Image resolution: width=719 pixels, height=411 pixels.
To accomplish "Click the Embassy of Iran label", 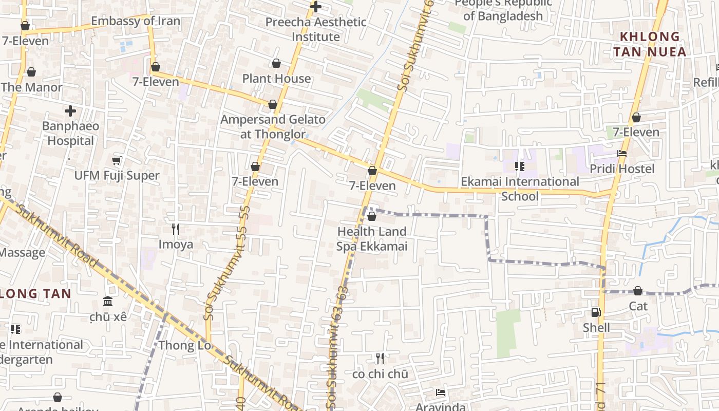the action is point(136,21).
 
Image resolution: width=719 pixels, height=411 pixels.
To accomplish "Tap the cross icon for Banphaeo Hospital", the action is point(70,110).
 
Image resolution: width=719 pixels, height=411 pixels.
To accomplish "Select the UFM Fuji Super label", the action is point(117,175).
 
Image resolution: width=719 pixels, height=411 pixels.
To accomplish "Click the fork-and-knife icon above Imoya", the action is point(176,229).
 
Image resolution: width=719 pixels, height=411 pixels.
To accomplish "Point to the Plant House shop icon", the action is point(276,63).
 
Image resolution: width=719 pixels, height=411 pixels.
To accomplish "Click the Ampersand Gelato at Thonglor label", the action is point(273,127).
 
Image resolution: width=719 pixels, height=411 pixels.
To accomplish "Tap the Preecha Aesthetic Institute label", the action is point(316,29).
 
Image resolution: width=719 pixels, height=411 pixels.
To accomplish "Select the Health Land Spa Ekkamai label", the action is point(372,239).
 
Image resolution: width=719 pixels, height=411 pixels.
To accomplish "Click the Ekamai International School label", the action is point(520,189).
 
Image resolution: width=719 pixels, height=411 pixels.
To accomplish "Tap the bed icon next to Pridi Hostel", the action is point(622,154).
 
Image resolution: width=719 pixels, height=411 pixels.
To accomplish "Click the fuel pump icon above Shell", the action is point(596,312).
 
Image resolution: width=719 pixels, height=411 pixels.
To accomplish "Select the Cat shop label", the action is point(638,306).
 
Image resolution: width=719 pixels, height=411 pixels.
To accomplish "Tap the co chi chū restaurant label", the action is point(380,374).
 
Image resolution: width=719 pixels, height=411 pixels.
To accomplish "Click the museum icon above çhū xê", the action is point(108,301).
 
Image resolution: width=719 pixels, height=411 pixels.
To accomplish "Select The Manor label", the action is point(31,87).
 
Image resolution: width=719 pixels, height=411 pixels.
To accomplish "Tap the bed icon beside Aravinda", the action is point(441,393).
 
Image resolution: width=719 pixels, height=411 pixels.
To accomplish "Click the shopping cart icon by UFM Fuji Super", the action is point(117,160).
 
